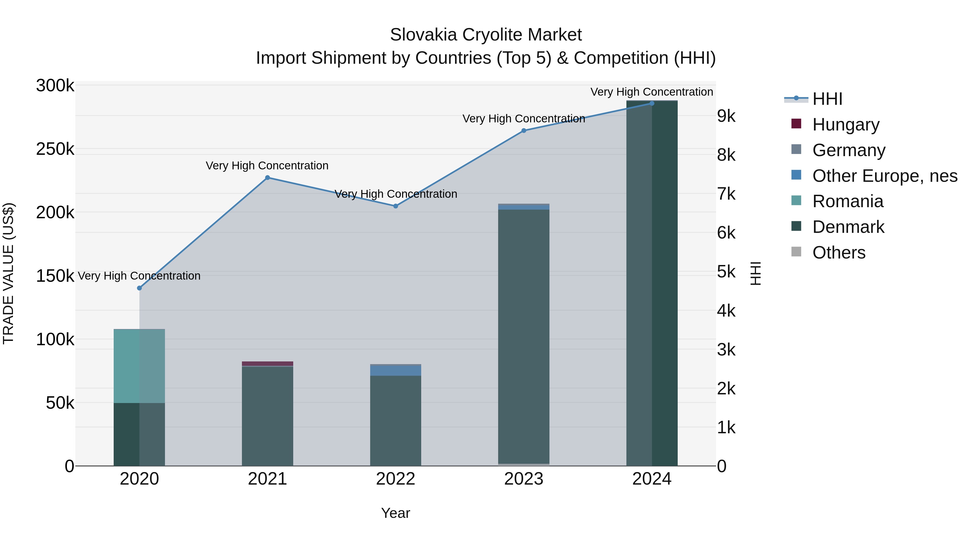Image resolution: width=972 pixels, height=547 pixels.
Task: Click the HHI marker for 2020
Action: point(139,288)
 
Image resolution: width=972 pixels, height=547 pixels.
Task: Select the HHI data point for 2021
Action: point(268,178)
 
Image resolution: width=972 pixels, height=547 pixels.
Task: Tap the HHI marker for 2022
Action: point(396,206)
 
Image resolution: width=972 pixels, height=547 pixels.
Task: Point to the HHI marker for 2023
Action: point(524,131)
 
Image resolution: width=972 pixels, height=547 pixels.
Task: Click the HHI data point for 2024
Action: point(652,103)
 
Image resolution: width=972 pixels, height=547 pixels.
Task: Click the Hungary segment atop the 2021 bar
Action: point(268,364)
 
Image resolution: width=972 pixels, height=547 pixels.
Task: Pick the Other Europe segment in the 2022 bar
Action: point(396,371)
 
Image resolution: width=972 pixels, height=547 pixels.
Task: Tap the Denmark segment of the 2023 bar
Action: point(524,336)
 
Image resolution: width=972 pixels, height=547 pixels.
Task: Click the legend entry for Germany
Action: point(848,150)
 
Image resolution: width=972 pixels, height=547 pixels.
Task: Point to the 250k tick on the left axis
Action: point(55,149)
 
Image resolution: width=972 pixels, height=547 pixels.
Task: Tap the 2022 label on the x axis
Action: point(396,479)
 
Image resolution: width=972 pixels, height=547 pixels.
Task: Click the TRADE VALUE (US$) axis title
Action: point(8,274)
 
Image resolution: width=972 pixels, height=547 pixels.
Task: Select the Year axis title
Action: point(396,513)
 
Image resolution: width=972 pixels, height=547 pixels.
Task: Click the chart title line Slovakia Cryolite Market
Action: point(486,35)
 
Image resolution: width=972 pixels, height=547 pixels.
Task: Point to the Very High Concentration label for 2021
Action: point(267,166)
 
